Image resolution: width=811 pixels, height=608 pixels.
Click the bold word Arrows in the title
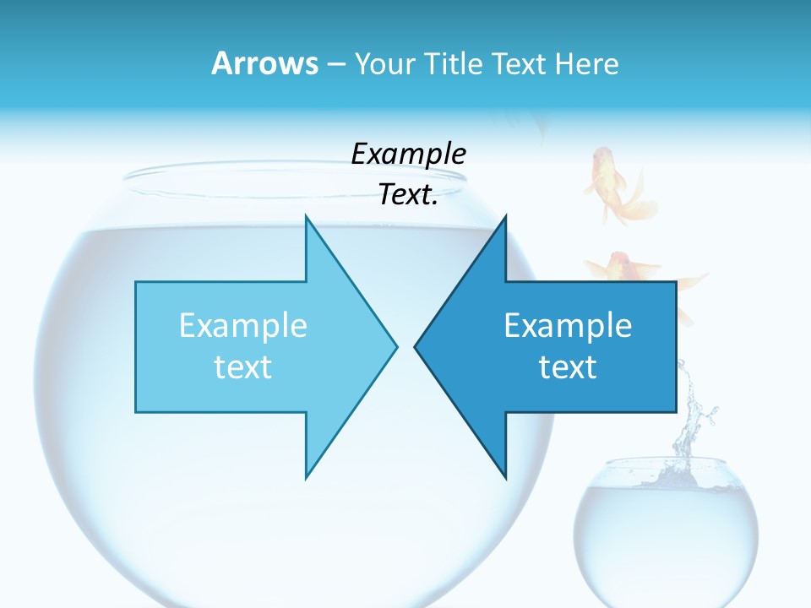click(264, 63)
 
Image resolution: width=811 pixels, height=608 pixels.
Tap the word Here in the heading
click(588, 64)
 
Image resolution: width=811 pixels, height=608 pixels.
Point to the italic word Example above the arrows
click(408, 154)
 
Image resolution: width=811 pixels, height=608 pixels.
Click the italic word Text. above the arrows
click(408, 195)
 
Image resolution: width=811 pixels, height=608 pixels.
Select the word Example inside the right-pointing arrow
click(242, 325)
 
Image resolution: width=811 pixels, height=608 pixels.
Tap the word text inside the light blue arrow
click(242, 366)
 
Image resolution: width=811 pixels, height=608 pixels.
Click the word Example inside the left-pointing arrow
click(568, 325)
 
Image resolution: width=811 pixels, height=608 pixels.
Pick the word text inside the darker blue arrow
click(568, 366)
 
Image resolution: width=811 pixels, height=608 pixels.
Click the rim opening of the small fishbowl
click(665, 464)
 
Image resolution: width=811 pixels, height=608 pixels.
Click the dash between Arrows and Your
click(335, 64)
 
